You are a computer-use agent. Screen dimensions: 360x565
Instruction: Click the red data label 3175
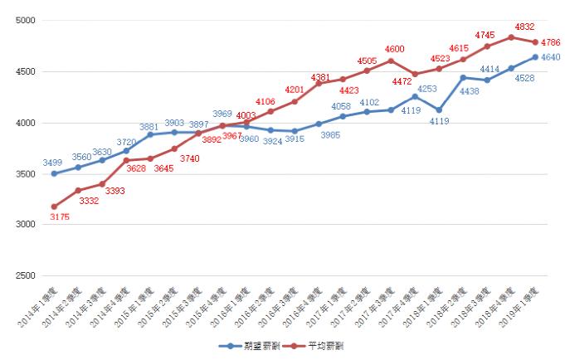[x=59, y=217]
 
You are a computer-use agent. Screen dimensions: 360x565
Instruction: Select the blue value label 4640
[x=550, y=57]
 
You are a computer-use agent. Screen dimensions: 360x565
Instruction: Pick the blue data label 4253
[x=427, y=88]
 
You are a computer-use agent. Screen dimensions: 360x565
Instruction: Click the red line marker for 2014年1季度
[x=54, y=207]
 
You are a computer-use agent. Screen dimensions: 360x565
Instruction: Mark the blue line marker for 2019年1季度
[x=535, y=57]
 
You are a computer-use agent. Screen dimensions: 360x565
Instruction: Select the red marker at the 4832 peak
[x=511, y=36]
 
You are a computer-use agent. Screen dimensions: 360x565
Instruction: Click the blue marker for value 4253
[x=415, y=96]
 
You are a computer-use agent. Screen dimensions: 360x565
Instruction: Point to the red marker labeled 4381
[x=319, y=83]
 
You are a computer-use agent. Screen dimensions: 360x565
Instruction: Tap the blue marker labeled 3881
[x=150, y=134]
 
